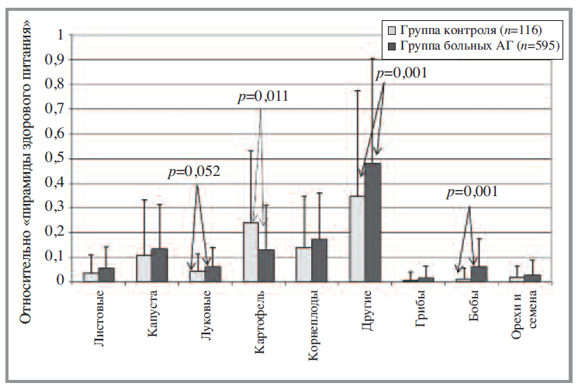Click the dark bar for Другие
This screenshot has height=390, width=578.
(373, 223)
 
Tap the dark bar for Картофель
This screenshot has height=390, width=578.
(266, 265)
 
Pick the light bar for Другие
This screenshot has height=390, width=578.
(358, 239)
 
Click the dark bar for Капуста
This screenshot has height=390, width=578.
(159, 265)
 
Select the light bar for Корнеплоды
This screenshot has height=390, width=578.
(304, 264)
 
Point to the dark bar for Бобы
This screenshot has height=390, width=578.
(479, 274)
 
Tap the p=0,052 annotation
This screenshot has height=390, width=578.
(195, 172)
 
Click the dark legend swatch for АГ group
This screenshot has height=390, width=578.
(393, 46)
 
